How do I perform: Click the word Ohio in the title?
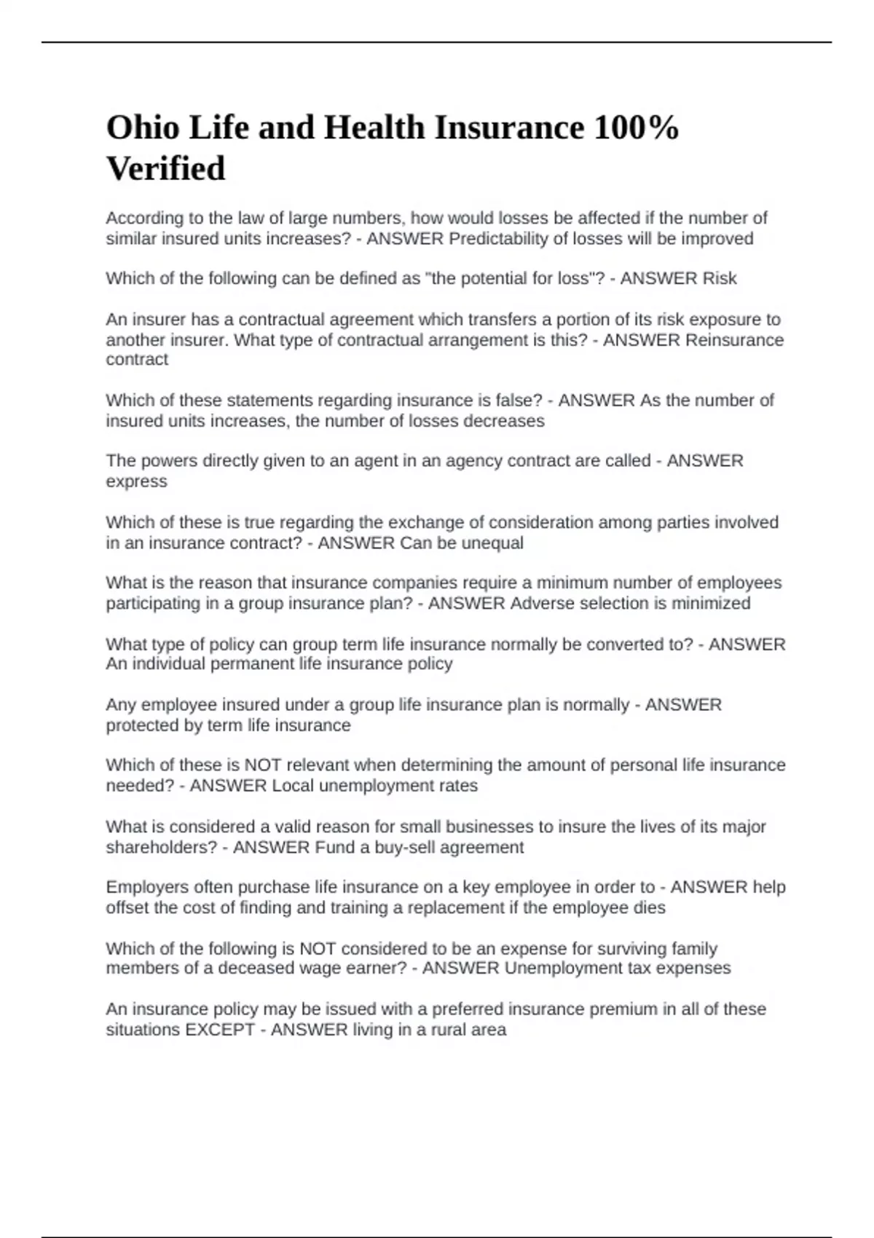point(143,128)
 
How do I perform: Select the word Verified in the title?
point(166,169)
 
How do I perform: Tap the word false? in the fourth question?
point(516,401)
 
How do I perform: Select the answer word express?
point(136,482)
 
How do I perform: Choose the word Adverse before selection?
point(539,604)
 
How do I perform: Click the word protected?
point(142,725)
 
